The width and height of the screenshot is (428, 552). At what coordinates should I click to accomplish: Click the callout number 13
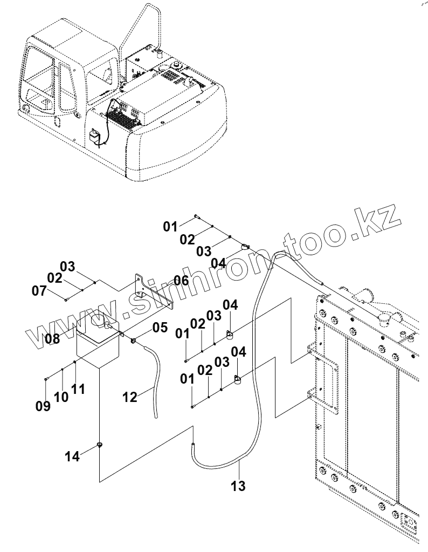(238, 486)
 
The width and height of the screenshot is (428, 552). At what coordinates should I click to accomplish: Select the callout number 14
(72, 456)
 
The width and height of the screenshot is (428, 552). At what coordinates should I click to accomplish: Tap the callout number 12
(130, 397)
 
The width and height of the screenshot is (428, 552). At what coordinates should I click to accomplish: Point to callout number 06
(181, 281)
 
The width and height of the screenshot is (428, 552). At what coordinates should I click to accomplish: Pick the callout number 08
(52, 339)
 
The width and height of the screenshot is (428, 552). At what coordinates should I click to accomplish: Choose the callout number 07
(39, 291)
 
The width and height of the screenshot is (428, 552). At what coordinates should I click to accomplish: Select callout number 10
(61, 397)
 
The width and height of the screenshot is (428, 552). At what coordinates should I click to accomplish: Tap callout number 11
(78, 389)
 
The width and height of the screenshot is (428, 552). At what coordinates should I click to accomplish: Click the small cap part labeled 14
(100, 445)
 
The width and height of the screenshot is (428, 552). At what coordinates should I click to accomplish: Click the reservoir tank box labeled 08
(97, 351)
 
